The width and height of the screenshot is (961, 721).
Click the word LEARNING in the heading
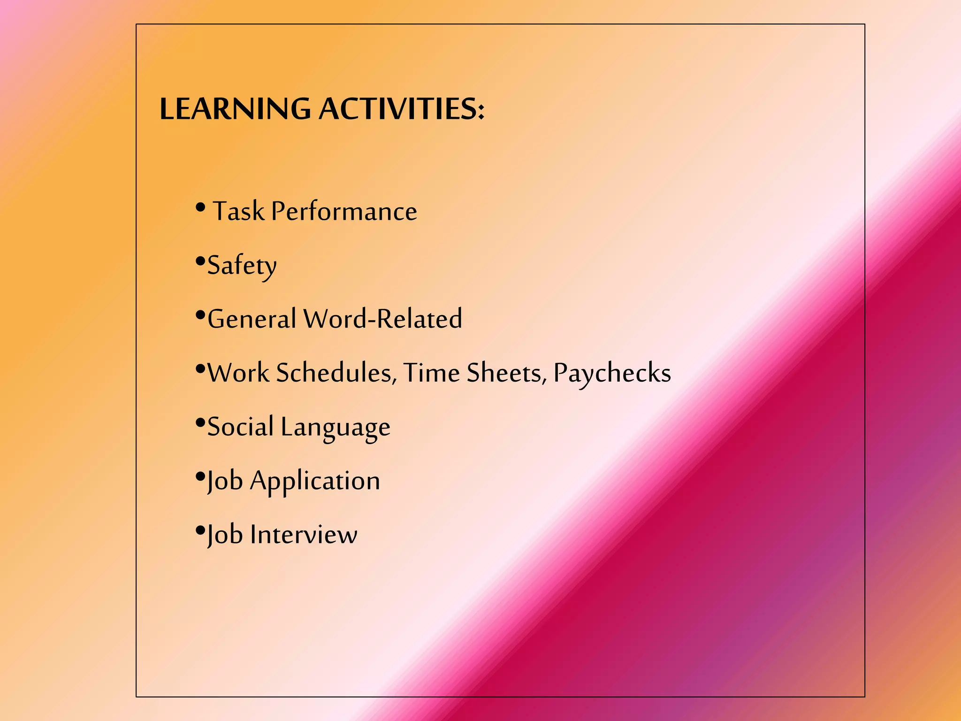[x=235, y=109]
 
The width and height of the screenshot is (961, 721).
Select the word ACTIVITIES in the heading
[x=398, y=109]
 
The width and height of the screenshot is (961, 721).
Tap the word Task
[x=238, y=211]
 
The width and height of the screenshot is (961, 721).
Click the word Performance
[x=344, y=212]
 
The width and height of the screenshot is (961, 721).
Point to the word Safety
[x=242, y=266]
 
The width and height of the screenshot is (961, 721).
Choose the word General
[x=252, y=319]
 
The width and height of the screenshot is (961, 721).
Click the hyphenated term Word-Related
[x=383, y=319]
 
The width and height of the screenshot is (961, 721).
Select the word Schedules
[x=334, y=373]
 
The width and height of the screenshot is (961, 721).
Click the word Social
[x=240, y=427]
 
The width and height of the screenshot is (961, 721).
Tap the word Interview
[x=304, y=535]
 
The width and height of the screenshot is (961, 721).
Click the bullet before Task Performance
[x=200, y=207]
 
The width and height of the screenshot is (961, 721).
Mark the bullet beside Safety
[x=200, y=261]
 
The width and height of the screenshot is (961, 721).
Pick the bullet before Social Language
[x=200, y=422]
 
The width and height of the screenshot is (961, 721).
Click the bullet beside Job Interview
[x=200, y=530]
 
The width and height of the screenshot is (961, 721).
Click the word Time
[x=432, y=373]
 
